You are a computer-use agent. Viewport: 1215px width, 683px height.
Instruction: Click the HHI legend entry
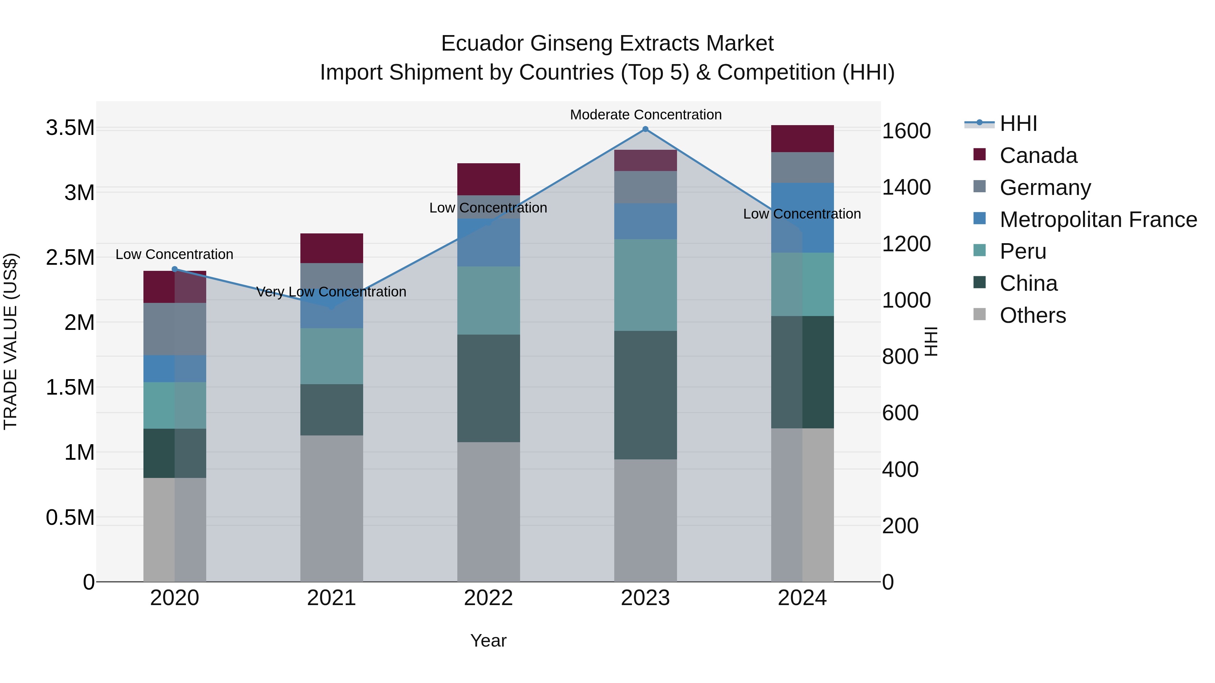click(x=1018, y=123)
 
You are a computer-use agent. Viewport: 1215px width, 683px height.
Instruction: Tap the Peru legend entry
click(x=1023, y=251)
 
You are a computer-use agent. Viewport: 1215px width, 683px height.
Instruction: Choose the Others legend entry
click(x=1032, y=315)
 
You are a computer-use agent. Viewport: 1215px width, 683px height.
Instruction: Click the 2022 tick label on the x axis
click(x=488, y=598)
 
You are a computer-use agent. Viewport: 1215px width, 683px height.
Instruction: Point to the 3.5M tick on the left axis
click(x=70, y=128)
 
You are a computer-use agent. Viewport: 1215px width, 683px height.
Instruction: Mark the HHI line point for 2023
click(x=645, y=129)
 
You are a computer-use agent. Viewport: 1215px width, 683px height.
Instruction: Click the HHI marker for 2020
click(x=174, y=269)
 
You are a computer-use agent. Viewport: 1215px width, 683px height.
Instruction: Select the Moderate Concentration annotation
click(x=645, y=115)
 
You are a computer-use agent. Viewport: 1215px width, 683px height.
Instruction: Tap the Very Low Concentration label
click(x=331, y=292)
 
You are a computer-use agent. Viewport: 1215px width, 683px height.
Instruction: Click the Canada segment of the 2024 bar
click(x=802, y=139)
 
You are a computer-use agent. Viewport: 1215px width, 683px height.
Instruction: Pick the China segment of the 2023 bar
click(x=645, y=395)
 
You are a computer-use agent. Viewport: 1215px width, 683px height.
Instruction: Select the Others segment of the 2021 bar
click(x=331, y=508)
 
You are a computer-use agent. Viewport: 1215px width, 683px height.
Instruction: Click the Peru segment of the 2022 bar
click(x=488, y=301)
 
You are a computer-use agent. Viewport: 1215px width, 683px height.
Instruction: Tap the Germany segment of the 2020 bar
click(x=174, y=329)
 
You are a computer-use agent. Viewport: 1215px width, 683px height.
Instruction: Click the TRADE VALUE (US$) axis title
click(x=10, y=341)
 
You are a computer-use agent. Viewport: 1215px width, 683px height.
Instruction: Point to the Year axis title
click(x=488, y=641)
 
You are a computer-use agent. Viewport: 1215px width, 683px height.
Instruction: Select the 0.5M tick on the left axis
click(x=70, y=517)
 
